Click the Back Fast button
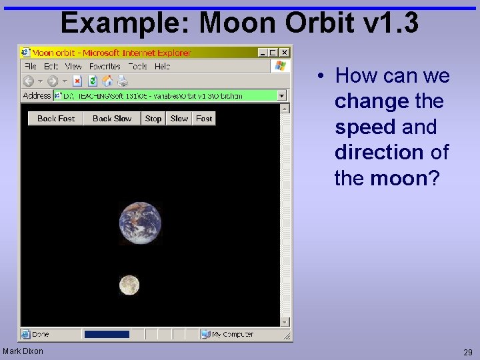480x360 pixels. pos(56,119)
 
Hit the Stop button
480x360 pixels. pos(153,119)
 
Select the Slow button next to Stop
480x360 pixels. pos(179,119)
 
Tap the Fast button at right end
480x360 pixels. pos(204,119)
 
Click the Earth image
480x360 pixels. pos(140,223)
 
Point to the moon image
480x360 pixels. pos(129,285)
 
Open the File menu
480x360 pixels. pos(31,67)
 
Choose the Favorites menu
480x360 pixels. pos(105,67)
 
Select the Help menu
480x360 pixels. pos(162,67)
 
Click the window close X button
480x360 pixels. pos(285,52)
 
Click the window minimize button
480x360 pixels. pos(262,52)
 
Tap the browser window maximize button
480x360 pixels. pos(273,52)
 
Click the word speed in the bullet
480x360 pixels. pos(365,127)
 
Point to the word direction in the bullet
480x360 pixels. pos(379,152)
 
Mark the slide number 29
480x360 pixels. pos(468,351)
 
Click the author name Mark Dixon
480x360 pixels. pos(23,351)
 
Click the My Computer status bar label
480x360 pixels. pos(232,334)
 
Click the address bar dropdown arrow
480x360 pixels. pos(282,96)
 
